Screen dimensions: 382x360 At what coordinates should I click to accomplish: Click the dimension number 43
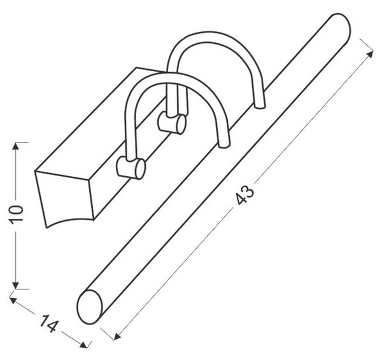point(245,195)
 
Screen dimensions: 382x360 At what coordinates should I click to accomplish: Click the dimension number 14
point(49,324)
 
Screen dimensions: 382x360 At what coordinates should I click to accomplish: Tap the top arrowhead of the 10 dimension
point(15,146)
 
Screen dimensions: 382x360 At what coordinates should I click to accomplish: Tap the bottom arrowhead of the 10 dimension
point(15,286)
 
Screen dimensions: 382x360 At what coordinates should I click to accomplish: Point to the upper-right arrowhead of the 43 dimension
point(371,54)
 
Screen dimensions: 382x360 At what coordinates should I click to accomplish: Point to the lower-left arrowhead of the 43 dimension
point(117,336)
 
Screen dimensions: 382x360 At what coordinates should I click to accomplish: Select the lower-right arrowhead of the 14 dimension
point(83,345)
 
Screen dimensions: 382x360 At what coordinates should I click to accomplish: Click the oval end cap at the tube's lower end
point(89,307)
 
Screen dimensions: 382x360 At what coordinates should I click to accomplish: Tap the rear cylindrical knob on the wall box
point(172,123)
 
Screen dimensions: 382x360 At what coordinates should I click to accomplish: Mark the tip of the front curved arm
point(224,146)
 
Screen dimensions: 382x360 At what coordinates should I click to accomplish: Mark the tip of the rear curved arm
point(259,106)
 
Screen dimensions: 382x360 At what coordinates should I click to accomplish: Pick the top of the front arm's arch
point(171,77)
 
